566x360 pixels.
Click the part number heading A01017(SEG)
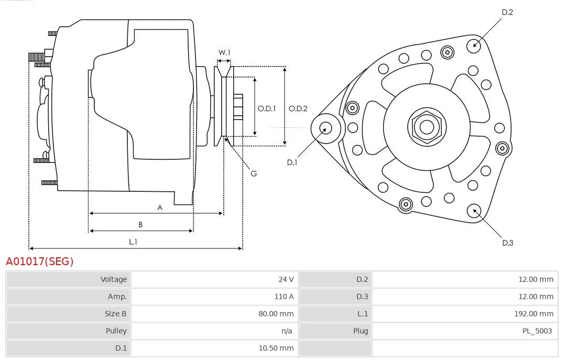[x=40, y=261]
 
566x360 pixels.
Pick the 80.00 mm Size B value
[x=276, y=314]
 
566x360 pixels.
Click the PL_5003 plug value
[x=537, y=331]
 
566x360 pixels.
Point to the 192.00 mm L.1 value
[x=534, y=314]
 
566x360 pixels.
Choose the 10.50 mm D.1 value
[x=276, y=348]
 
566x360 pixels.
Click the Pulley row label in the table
[x=116, y=331]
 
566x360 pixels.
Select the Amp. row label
[x=117, y=297]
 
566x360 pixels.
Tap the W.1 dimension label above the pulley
[x=224, y=52]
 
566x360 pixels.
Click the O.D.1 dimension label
[x=266, y=108]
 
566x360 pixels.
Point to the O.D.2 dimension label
[x=298, y=108]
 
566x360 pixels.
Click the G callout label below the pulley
[x=254, y=173]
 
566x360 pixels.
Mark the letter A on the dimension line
[x=160, y=208]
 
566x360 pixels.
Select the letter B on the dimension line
[x=140, y=225]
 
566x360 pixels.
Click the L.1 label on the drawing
[x=133, y=242]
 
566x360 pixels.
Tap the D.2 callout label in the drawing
[x=507, y=12]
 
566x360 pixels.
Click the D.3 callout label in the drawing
[x=507, y=243]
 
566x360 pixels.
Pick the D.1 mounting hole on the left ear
[x=326, y=128]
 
